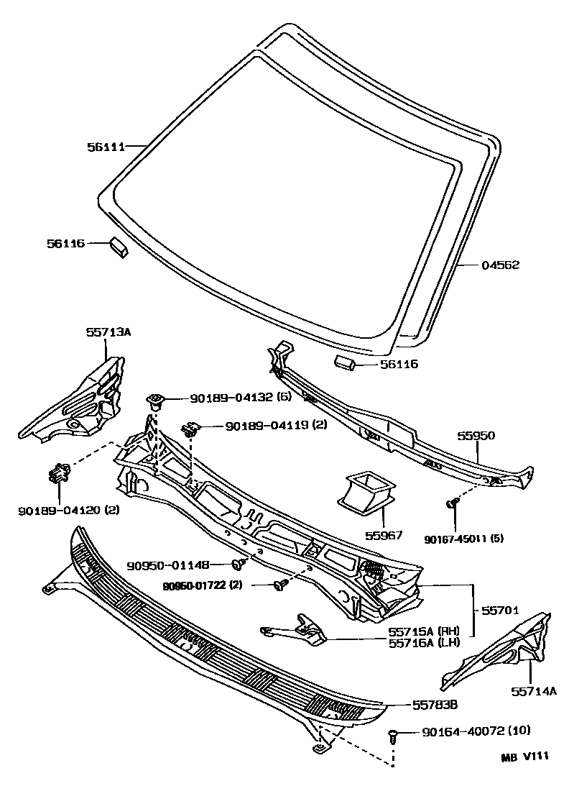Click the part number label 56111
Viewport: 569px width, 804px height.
(106, 147)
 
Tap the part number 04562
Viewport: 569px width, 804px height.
(500, 265)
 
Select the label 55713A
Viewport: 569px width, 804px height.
(108, 332)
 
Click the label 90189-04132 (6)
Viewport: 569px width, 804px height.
(239, 399)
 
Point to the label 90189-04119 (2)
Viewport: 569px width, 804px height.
(276, 426)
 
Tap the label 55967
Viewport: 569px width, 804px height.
(384, 536)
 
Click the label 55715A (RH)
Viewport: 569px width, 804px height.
(423, 630)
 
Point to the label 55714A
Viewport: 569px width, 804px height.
(534, 691)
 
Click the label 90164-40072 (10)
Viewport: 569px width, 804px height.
(476, 732)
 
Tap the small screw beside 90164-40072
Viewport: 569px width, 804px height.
(393, 734)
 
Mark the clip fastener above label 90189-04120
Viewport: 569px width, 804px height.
(58, 473)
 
